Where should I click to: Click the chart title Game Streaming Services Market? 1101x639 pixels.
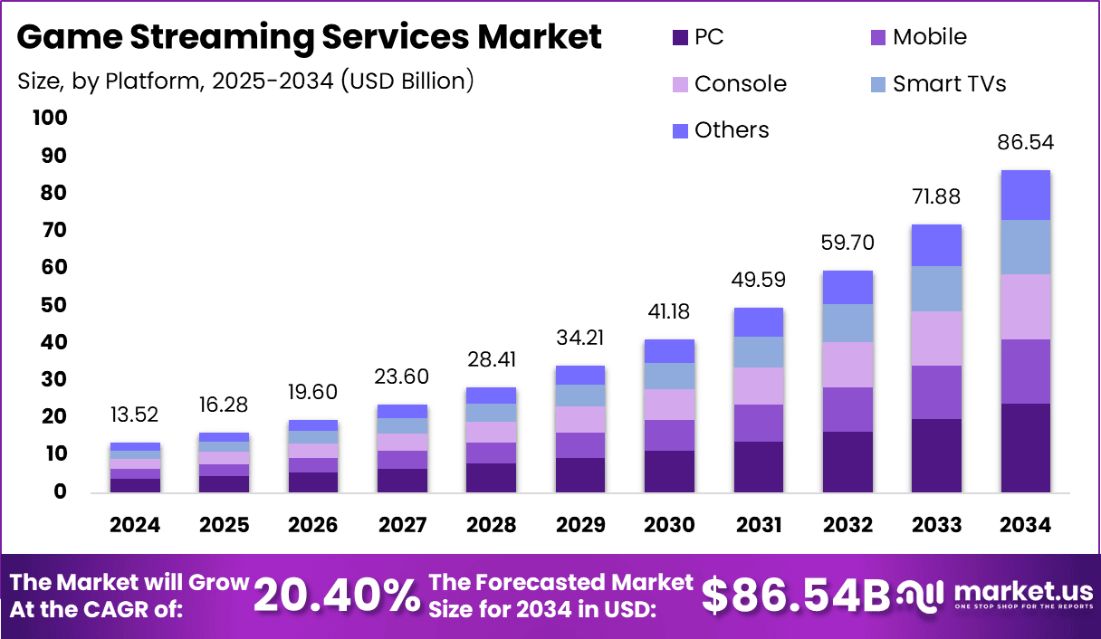coord(309,37)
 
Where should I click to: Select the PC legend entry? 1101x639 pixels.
coord(698,37)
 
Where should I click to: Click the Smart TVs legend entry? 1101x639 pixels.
coord(938,84)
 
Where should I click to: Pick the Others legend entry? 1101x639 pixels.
coord(721,130)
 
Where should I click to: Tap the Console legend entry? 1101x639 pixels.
coord(730,84)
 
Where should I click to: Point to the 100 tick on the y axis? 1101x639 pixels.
coord(49,119)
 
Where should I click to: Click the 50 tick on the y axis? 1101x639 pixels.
coord(53,305)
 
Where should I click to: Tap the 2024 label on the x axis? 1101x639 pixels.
coord(135,525)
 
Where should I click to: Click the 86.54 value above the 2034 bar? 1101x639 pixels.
coord(1025,143)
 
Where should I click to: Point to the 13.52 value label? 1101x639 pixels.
coord(135,415)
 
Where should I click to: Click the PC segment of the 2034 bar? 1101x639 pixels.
coord(1025,447)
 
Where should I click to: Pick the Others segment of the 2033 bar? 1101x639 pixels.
coord(936,244)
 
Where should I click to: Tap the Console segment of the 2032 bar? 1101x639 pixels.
coord(847,364)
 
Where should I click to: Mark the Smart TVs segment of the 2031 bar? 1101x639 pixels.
coord(758,351)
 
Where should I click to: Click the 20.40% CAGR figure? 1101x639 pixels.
coord(337,595)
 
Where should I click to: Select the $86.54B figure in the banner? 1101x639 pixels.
coord(797,595)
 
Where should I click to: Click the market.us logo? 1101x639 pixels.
coord(996,595)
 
